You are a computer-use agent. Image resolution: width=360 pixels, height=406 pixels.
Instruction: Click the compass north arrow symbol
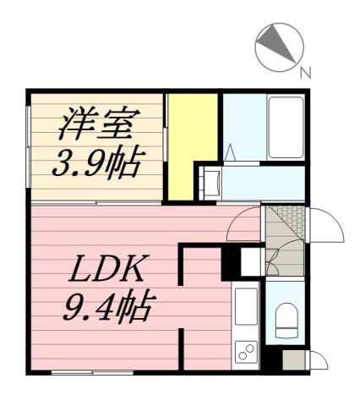(x=277, y=46)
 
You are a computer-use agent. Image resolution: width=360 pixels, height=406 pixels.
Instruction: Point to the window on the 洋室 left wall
(x=30, y=148)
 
